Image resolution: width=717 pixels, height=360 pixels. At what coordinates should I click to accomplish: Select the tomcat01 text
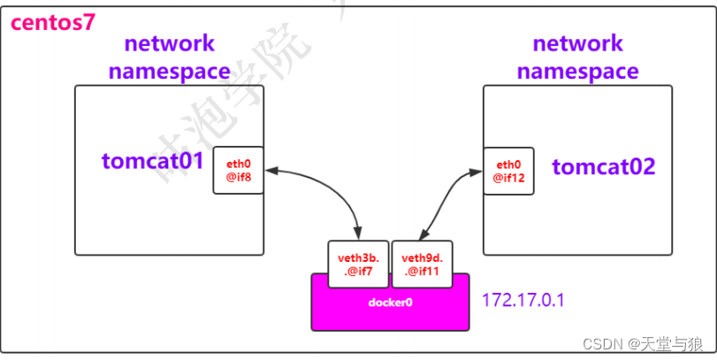pos(153,161)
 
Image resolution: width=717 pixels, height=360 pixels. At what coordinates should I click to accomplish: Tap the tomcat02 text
pos(604,165)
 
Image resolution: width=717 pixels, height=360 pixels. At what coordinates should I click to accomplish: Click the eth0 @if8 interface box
pos(238,171)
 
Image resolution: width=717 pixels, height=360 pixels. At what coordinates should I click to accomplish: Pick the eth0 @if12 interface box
pos(507,171)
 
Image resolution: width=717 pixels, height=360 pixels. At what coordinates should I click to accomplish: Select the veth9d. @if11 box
pos(422,264)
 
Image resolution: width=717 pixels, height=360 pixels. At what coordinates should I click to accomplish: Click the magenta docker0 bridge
pos(390,303)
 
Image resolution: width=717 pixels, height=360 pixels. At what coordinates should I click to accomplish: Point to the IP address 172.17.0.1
pos(523,301)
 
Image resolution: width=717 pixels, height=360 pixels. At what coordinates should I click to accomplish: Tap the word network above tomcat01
pos(169,43)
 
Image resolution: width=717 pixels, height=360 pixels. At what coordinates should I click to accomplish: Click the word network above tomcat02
pos(578,43)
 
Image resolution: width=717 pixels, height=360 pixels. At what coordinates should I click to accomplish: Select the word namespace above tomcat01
pos(169,71)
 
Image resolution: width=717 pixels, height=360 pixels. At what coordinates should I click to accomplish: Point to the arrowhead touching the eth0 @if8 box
pos(270,171)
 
